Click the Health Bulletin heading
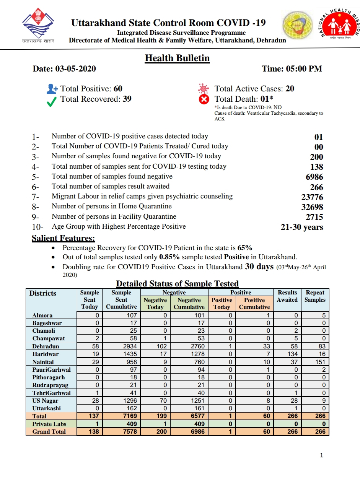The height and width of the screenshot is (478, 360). pos(177,58)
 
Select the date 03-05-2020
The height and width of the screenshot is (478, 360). pos(75,69)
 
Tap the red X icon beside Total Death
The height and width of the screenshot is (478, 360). pos(204,99)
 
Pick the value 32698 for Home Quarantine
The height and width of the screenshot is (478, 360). pos(312,207)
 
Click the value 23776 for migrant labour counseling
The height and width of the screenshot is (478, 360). pos(312,197)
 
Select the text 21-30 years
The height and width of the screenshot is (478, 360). pos(302,227)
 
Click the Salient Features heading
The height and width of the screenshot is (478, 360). pos(63,238)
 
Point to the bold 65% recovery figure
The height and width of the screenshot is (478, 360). pos(245,247)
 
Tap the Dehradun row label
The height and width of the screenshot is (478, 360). pos(46,346)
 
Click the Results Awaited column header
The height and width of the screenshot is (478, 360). pos(287,296)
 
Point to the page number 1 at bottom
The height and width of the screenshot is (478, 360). pos(321,455)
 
